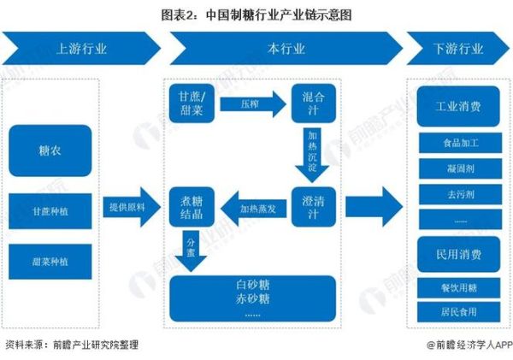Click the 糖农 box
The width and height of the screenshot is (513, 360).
[x=50, y=151]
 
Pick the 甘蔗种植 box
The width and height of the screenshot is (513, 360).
[x=50, y=210]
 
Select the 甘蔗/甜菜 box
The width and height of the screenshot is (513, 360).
[x=190, y=103]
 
